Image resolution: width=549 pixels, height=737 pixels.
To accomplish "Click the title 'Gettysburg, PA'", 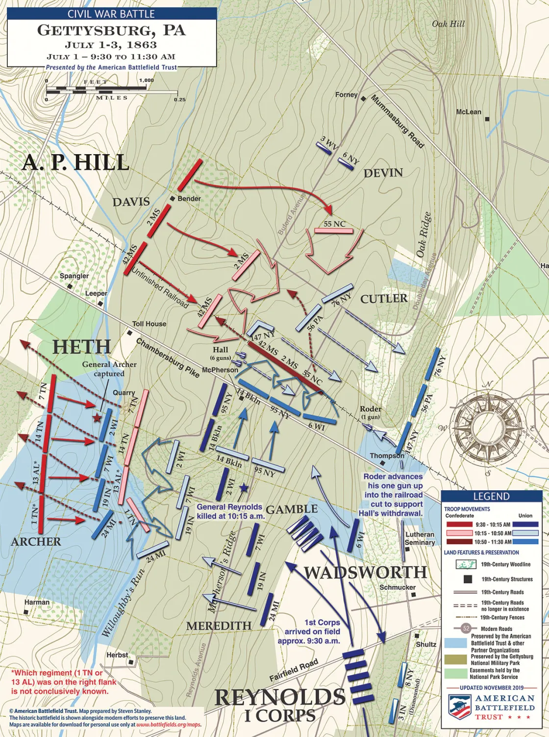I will click(111, 30).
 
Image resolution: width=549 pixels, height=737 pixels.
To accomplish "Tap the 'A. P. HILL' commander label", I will click(75, 162).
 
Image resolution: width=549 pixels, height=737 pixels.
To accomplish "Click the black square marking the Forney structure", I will click(363, 99).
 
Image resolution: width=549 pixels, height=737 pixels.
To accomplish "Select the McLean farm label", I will click(468, 112).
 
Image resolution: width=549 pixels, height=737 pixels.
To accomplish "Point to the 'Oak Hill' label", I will click(448, 24).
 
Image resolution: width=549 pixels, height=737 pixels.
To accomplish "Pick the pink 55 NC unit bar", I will click(333, 231).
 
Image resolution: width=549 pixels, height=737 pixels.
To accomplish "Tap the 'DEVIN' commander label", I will click(383, 173).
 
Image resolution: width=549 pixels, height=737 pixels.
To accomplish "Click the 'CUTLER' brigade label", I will click(383, 299).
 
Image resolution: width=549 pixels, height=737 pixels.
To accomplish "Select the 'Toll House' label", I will click(149, 324).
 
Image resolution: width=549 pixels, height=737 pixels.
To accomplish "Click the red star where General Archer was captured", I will click(98, 418).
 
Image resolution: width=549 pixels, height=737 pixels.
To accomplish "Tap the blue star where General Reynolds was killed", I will click(244, 488).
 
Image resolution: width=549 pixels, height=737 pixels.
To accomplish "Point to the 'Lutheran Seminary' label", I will click(420, 538).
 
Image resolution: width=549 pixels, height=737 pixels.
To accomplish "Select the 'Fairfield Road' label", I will click(294, 671).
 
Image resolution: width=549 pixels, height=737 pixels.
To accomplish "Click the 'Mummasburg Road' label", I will click(397, 121).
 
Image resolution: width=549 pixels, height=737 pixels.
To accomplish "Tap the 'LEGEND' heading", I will click(491, 496).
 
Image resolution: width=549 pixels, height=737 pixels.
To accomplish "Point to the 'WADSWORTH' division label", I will click(365, 572).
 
